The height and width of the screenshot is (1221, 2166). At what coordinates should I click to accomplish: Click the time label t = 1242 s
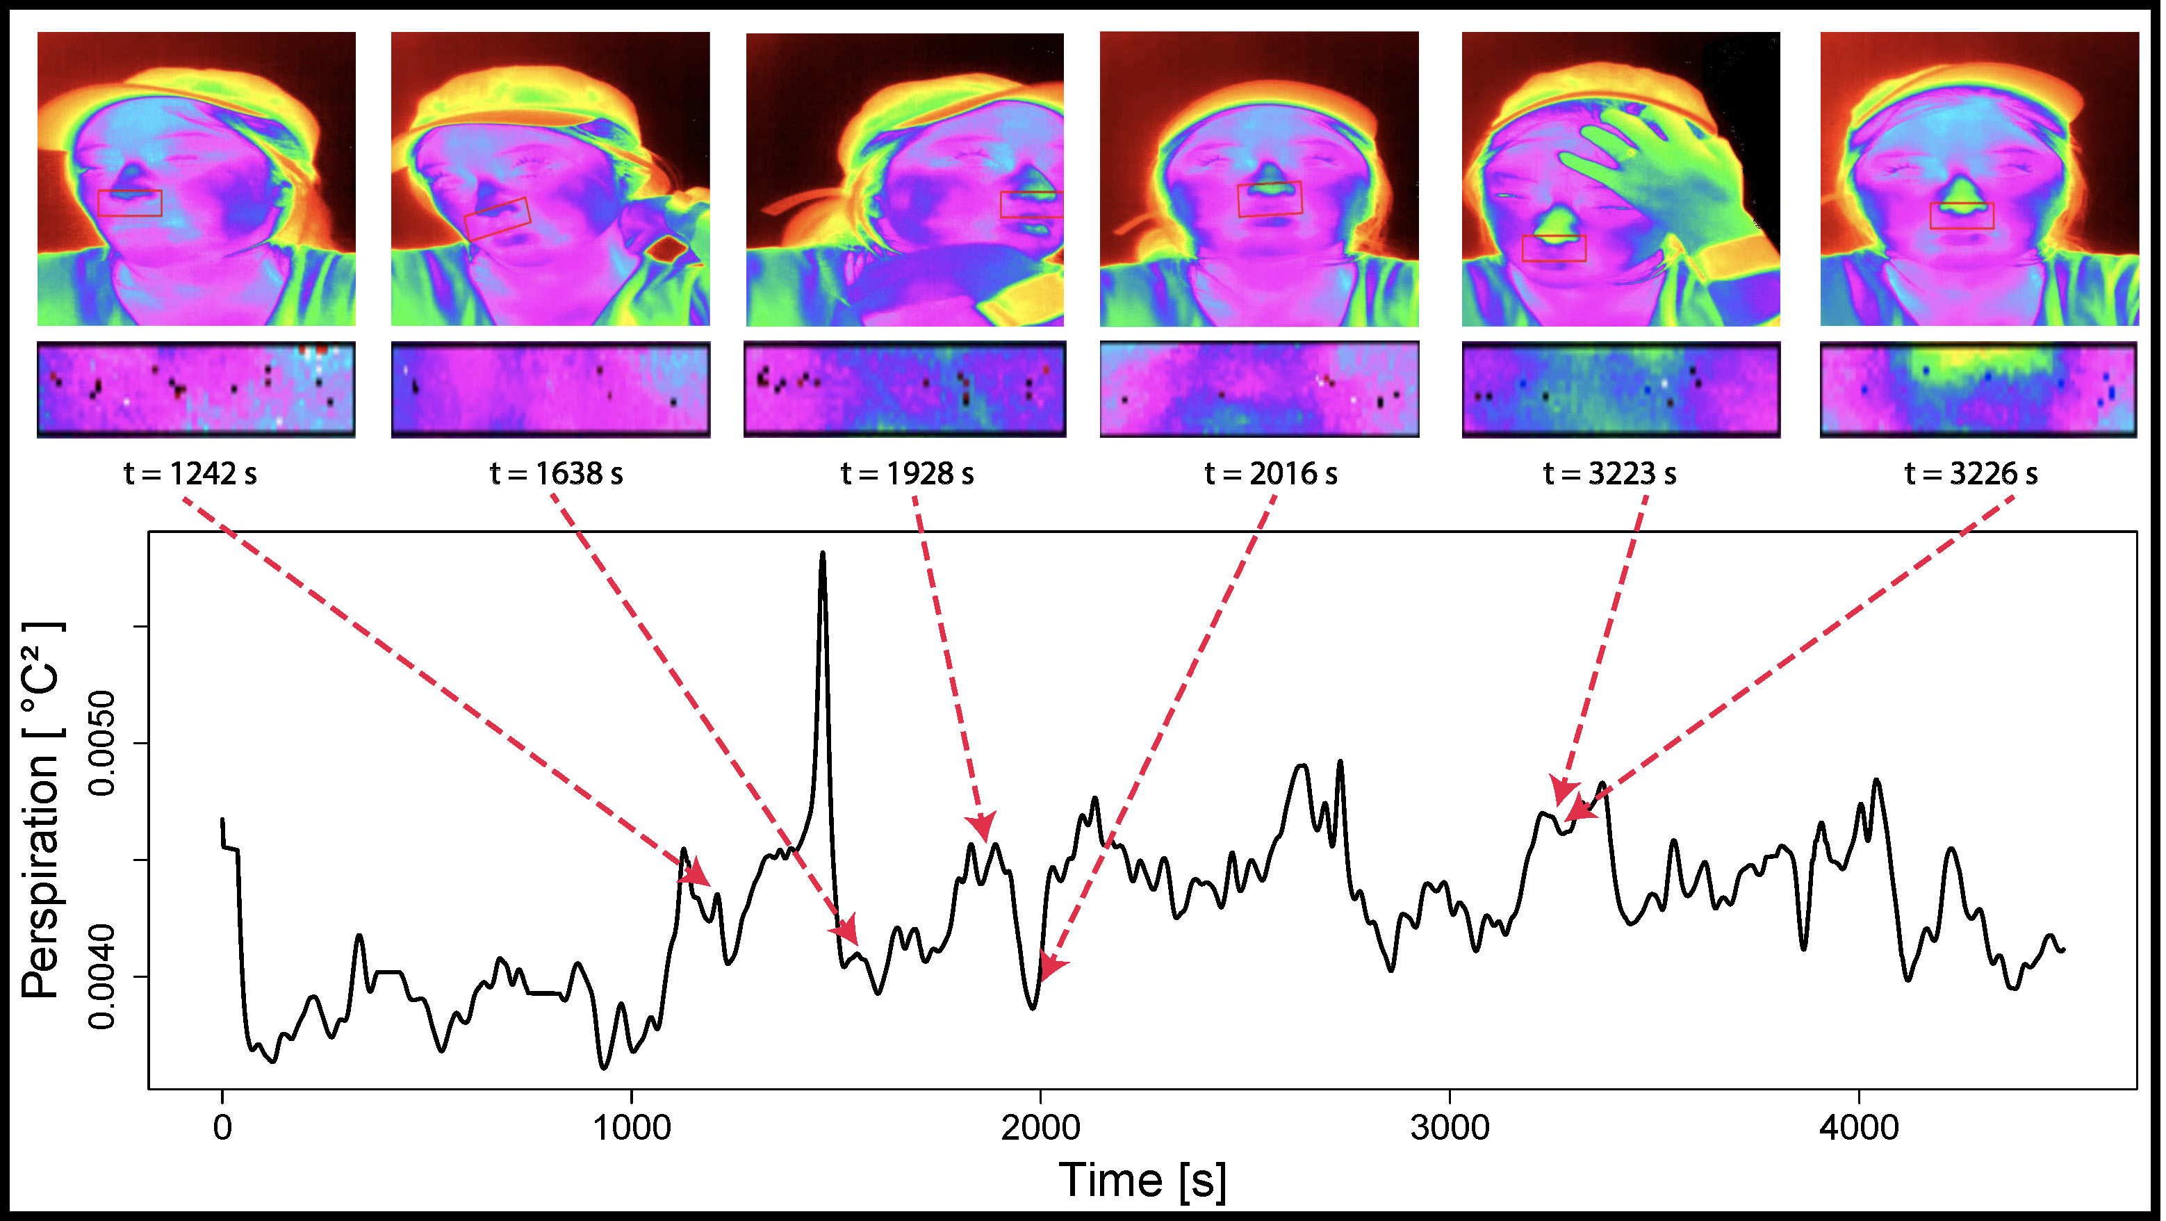point(190,474)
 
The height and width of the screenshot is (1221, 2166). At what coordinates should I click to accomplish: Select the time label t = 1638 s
point(557,474)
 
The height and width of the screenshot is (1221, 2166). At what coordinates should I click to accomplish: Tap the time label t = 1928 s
point(908,474)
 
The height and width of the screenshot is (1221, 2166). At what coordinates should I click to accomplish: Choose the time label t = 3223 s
point(1609,474)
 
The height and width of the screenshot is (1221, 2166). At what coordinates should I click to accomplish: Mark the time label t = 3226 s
point(1971,474)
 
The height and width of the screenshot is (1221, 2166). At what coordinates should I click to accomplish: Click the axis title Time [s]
point(1142,1180)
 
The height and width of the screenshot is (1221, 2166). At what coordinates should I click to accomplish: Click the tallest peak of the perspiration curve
point(822,555)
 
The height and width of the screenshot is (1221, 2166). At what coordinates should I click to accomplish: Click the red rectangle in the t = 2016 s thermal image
point(1270,199)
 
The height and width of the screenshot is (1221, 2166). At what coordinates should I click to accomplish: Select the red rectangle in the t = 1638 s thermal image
point(497,219)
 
